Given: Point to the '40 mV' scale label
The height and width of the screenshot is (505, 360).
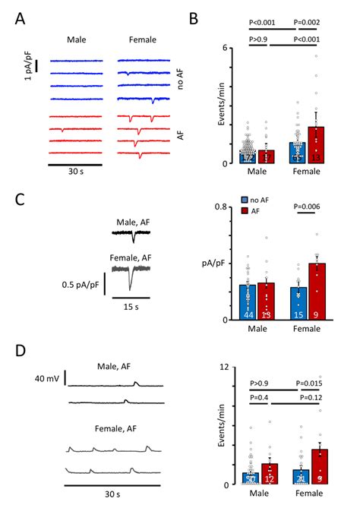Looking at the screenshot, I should [x=48, y=377].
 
